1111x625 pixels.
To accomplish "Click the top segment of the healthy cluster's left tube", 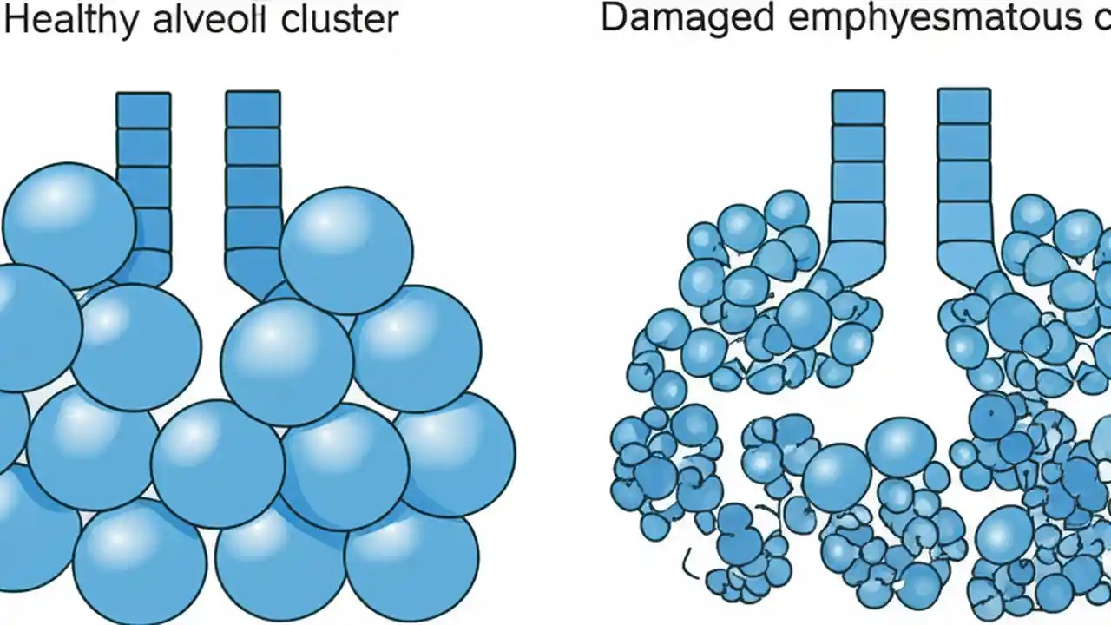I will pyautogui.click(x=144, y=110).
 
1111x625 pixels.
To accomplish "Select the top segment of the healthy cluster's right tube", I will pyautogui.click(x=253, y=109).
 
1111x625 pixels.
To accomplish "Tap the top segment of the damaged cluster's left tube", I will pyautogui.click(x=858, y=106).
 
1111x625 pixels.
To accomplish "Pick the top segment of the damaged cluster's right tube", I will pyautogui.click(x=963, y=105).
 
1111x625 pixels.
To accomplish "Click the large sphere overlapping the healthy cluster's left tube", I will pyautogui.click(x=69, y=226).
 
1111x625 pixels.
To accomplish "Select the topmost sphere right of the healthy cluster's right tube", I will pyautogui.click(x=345, y=249).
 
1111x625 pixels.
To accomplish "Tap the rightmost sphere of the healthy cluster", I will pyautogui.click(x=456, y=453).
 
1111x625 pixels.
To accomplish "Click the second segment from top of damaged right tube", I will pyautogui.click(x=963, y=142).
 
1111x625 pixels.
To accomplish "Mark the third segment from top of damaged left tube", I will pyautogui.click(x=858, y=181).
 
